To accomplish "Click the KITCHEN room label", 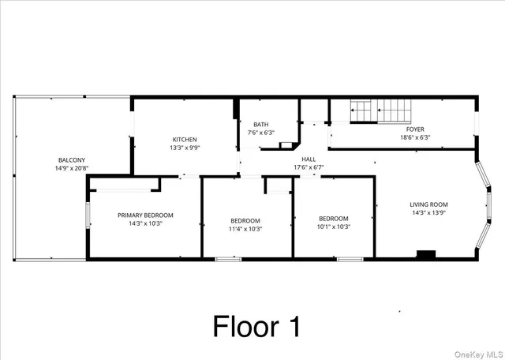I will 185,139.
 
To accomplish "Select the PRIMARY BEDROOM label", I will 145,215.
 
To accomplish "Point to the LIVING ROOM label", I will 428,204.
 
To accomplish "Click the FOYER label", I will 415,129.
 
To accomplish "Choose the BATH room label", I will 260,125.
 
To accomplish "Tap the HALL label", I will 309,159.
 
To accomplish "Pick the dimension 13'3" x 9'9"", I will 185,148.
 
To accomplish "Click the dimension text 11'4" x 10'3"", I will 245,229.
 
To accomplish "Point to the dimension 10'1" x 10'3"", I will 333,227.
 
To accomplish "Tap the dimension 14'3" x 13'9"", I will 428,212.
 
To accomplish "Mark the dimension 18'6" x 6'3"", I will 415,137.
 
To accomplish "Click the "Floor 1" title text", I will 256,326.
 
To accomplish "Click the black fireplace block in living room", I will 426,254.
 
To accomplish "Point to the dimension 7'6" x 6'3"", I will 260,133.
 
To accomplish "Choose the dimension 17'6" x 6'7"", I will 309,167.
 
